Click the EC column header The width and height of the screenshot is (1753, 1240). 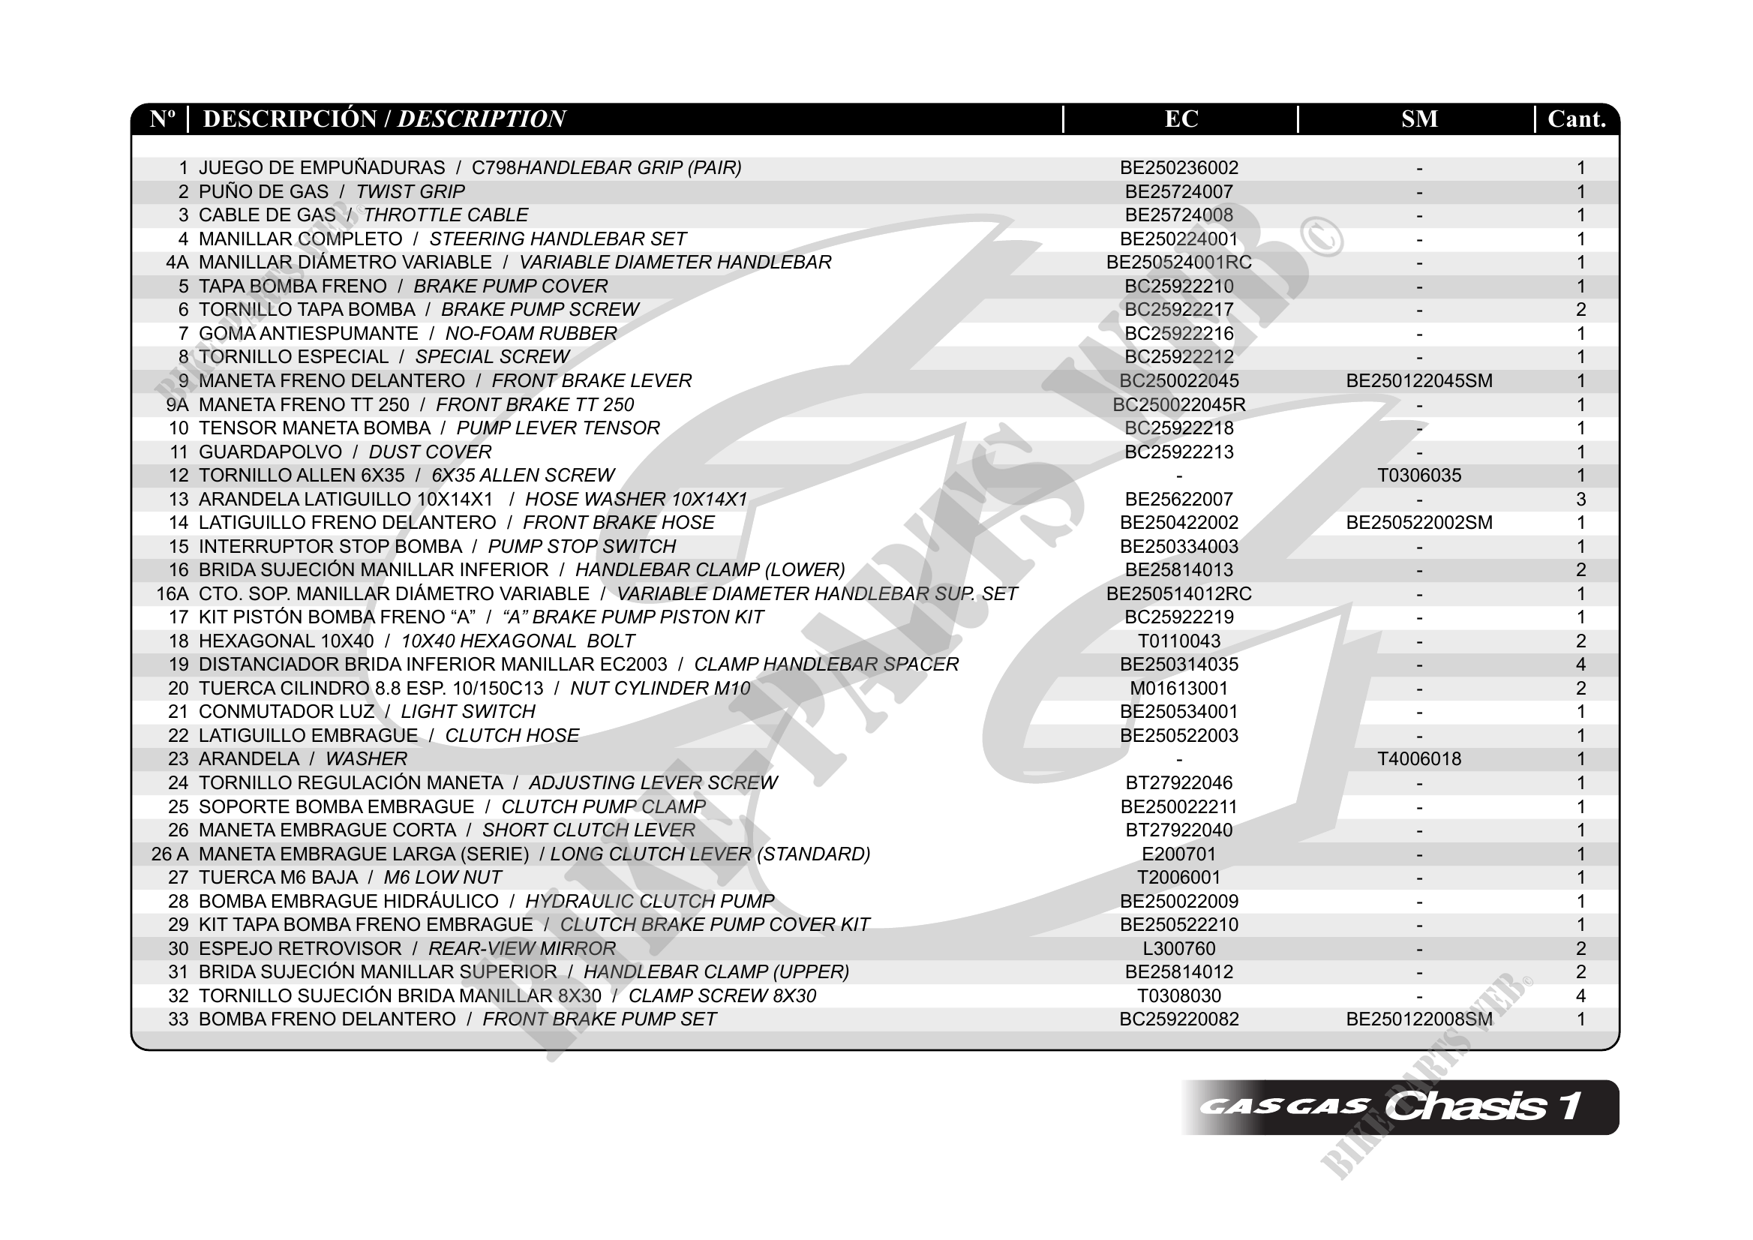click(x=1181, y=119)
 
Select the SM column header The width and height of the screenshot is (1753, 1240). click(x=1418, y=119)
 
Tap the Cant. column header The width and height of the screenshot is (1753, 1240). click(x=1576, y=119)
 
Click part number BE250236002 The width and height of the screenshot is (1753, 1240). click(x=1179, y=168)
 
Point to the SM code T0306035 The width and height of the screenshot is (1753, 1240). click(x=1418, y=476)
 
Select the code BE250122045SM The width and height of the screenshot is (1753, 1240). click(x=1418, y=381)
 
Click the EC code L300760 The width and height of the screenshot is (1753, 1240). click(x=1179, y=948)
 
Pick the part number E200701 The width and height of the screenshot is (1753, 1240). click(x=1179, y=854)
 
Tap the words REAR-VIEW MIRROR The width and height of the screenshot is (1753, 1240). click(x=521, y=948)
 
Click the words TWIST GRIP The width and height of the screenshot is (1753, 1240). click(x=410, y=191)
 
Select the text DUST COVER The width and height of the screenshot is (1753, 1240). click(x=430, y=452)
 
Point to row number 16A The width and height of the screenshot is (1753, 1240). click(x=172, y=594)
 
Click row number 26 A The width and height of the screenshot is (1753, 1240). click(x=170, y=854)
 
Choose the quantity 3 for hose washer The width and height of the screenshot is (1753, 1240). click(x=1580, y=500)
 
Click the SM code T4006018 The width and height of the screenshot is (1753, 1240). click(x=1418, y=759)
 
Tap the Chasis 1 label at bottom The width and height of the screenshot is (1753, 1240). click(x=1481, y=1106)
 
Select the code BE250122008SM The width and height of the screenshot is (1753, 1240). click(x=1418, y=1019)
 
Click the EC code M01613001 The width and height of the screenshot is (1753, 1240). click(x=1179, y=689)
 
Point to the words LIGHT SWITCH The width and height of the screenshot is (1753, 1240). click(x=468, y=712)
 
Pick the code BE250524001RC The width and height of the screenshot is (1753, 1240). click(x=1179, y=263)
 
